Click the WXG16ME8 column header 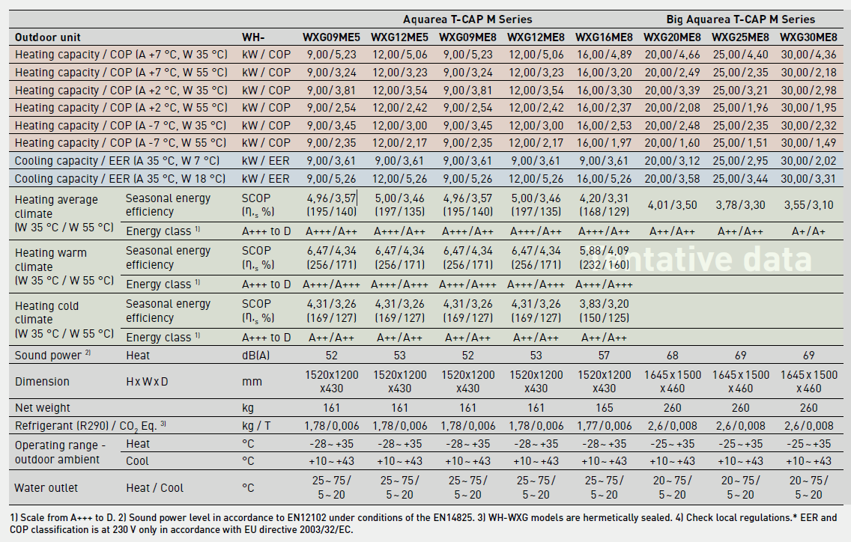[604, 37]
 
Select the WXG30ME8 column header [808, 37]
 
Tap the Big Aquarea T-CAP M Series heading [740, 19]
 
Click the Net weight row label [43, 408]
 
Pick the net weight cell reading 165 [604, 408]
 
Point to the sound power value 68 [672, 355]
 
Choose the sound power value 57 [604, 355]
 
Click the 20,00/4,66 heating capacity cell [672, 55]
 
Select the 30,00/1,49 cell [808, 142]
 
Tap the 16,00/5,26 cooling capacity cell [604, 178]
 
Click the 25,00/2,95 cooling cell [740, 160]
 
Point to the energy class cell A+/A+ [808, 231]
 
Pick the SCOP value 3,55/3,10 [808, 205]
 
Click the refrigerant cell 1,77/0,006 [604, 426]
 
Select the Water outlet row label [47, 488]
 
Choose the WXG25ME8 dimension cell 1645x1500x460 [740, 381]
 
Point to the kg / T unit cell [259, 426]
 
